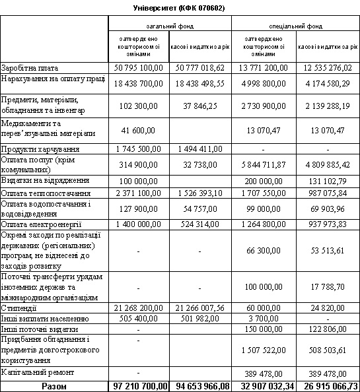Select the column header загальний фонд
[170, 27]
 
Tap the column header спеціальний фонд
[295, 27]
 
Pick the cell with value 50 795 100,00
[139, 68]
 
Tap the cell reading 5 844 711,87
[264, 166]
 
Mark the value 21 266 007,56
[199, 308]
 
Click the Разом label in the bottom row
[54, 385]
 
